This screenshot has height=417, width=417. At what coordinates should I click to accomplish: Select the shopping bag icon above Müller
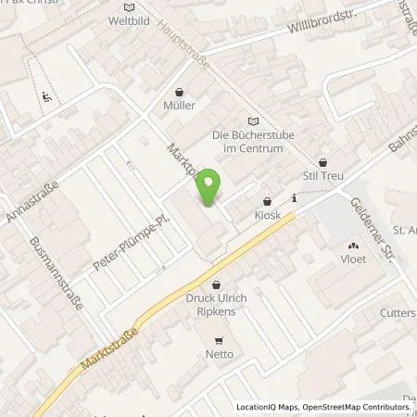pyautogui.click(x=180, y=92)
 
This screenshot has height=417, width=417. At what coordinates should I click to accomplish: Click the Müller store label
pyautogui.click(x=179, y=107)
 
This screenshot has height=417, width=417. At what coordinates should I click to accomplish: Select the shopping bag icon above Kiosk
pyautogui.click(x=267, y=200)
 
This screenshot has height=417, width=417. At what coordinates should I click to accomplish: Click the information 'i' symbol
pyautogui.click(x=294, y=197)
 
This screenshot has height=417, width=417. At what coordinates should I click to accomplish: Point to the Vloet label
pyautogui.click(x=354, y=259)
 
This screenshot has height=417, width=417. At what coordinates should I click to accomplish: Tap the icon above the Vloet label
pyautogui.click(x=353, y=246)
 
